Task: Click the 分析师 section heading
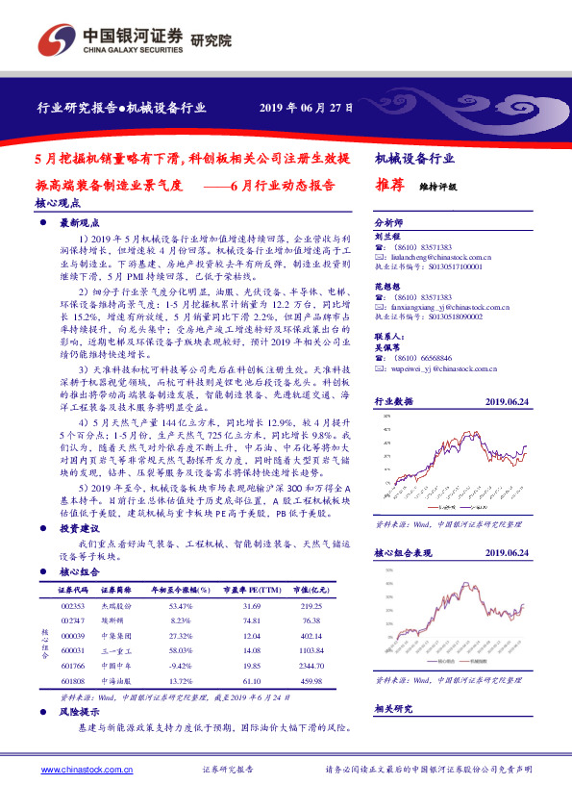pos(388,220)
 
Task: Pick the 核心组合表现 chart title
pos(405,553)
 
